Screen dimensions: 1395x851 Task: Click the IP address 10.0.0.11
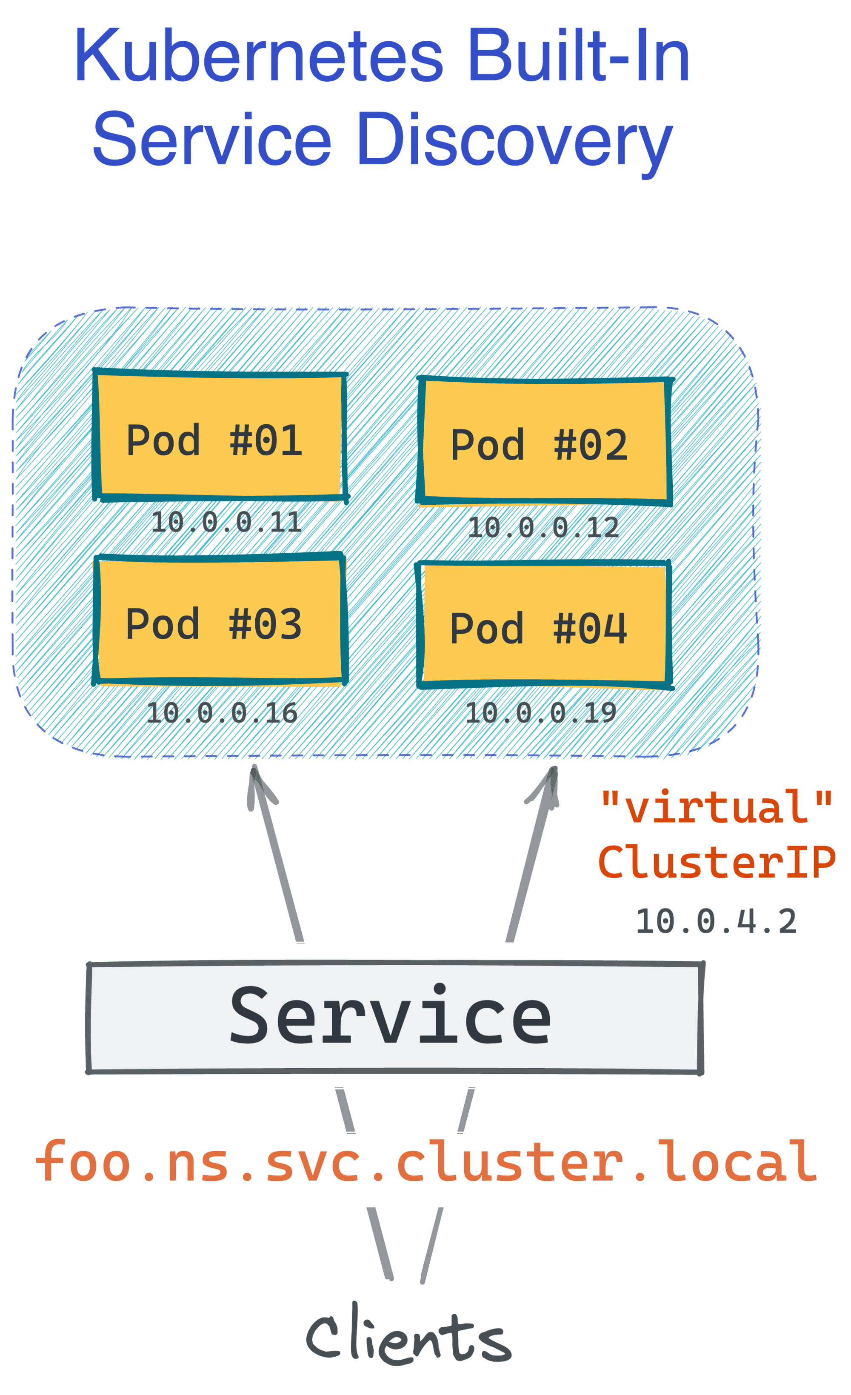pyautogui.click(x=226, y=522)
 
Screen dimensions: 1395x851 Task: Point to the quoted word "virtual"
pyautogui.click(x=716, y=807)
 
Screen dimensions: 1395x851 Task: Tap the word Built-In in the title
pyautogui.click(x=577, y=57)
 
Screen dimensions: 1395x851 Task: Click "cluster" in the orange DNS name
pyautogui.click(x=510, y=1163)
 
